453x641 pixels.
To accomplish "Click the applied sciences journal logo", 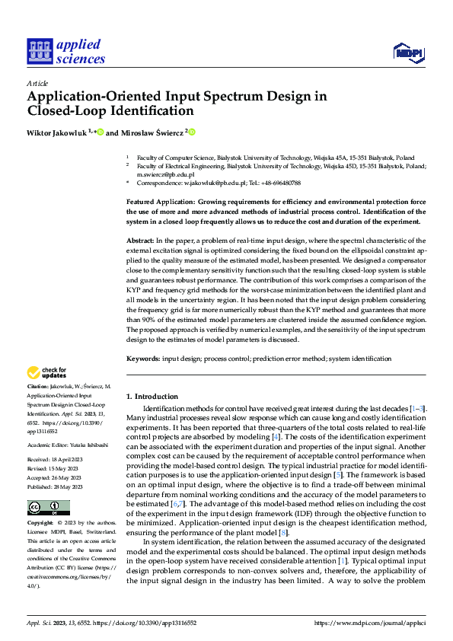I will tap(65, 50).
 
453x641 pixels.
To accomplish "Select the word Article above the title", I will tap(37, 83).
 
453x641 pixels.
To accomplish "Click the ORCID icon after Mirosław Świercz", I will tap(192, 132).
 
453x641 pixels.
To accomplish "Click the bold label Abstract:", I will tap(142, 240).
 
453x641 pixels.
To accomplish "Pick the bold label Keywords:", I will tap(145, 358).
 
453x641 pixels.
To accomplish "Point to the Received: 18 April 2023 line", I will tap(56, 460).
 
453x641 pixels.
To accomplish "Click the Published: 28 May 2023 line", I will tap(57, 485).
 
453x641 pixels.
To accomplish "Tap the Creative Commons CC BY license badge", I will tap(49, 508).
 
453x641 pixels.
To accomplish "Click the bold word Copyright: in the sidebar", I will tap(43, 525).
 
